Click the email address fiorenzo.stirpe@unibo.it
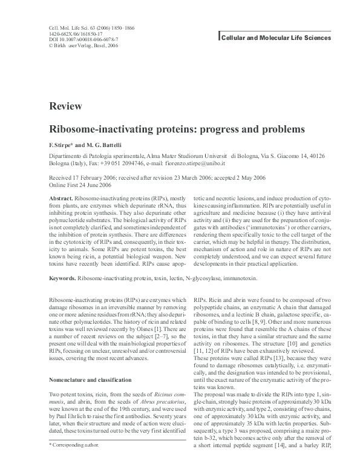pos(189,163)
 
